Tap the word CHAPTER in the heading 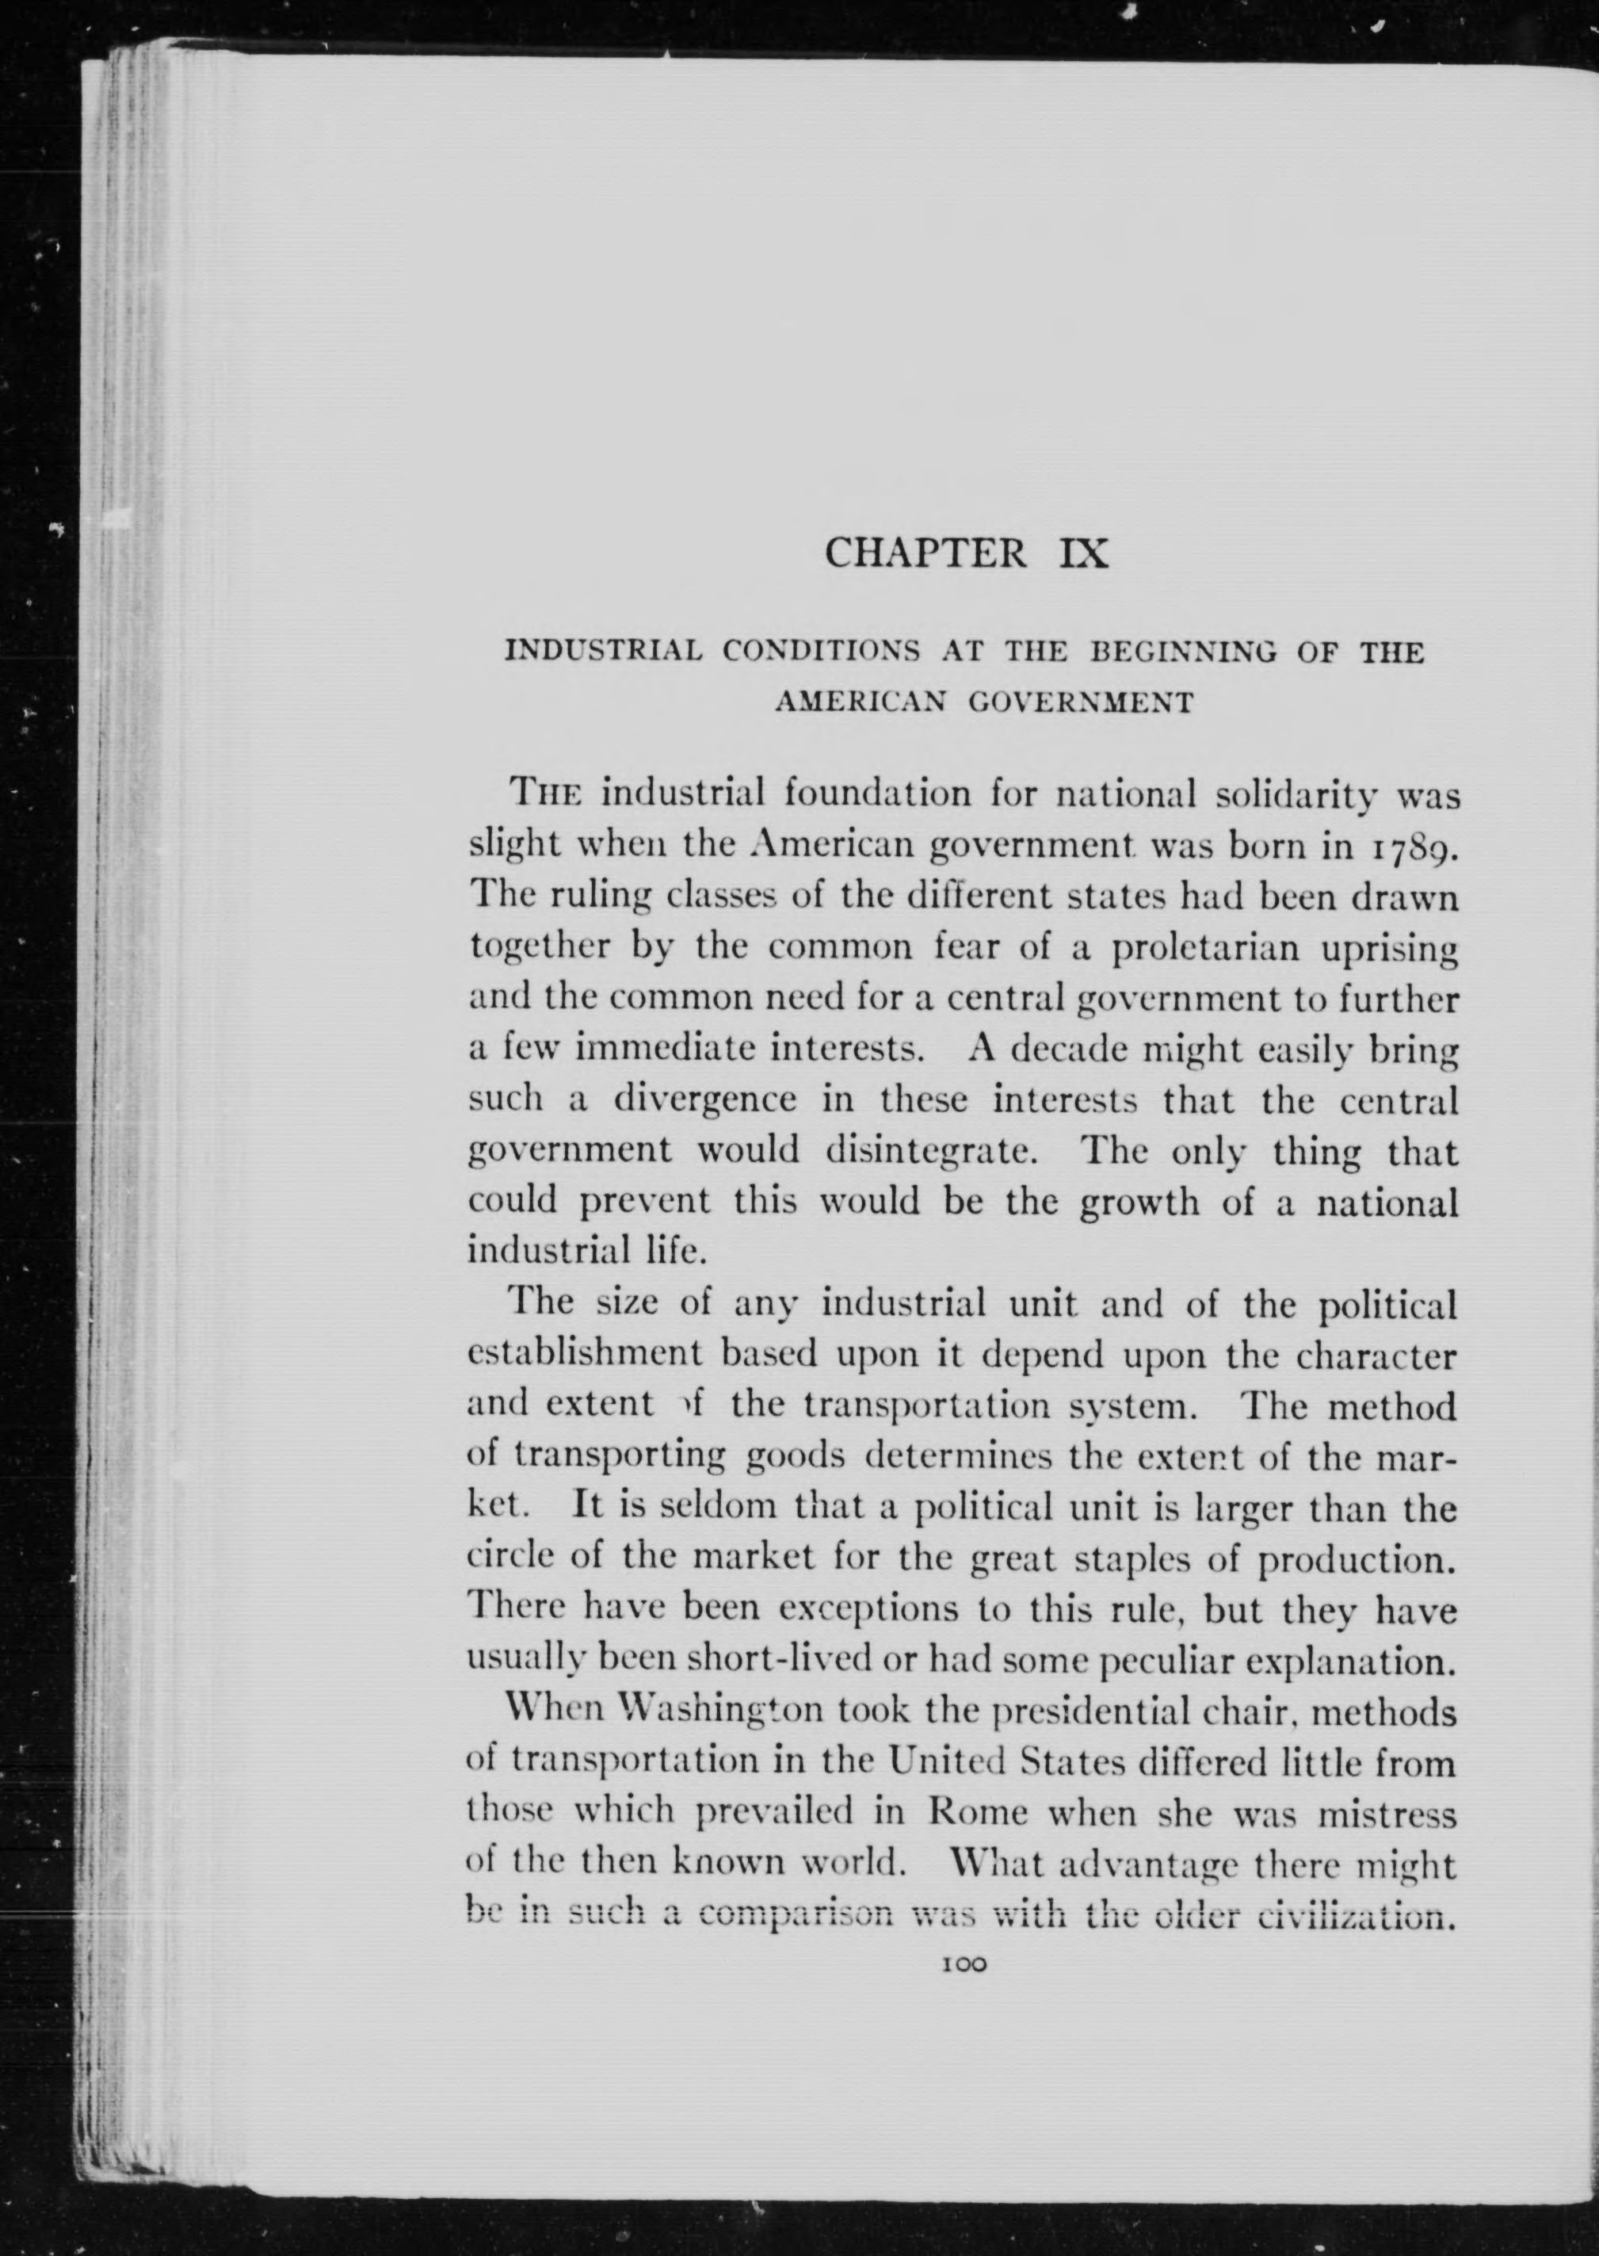tap(924, 553)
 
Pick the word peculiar tap(1165, 1661)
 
